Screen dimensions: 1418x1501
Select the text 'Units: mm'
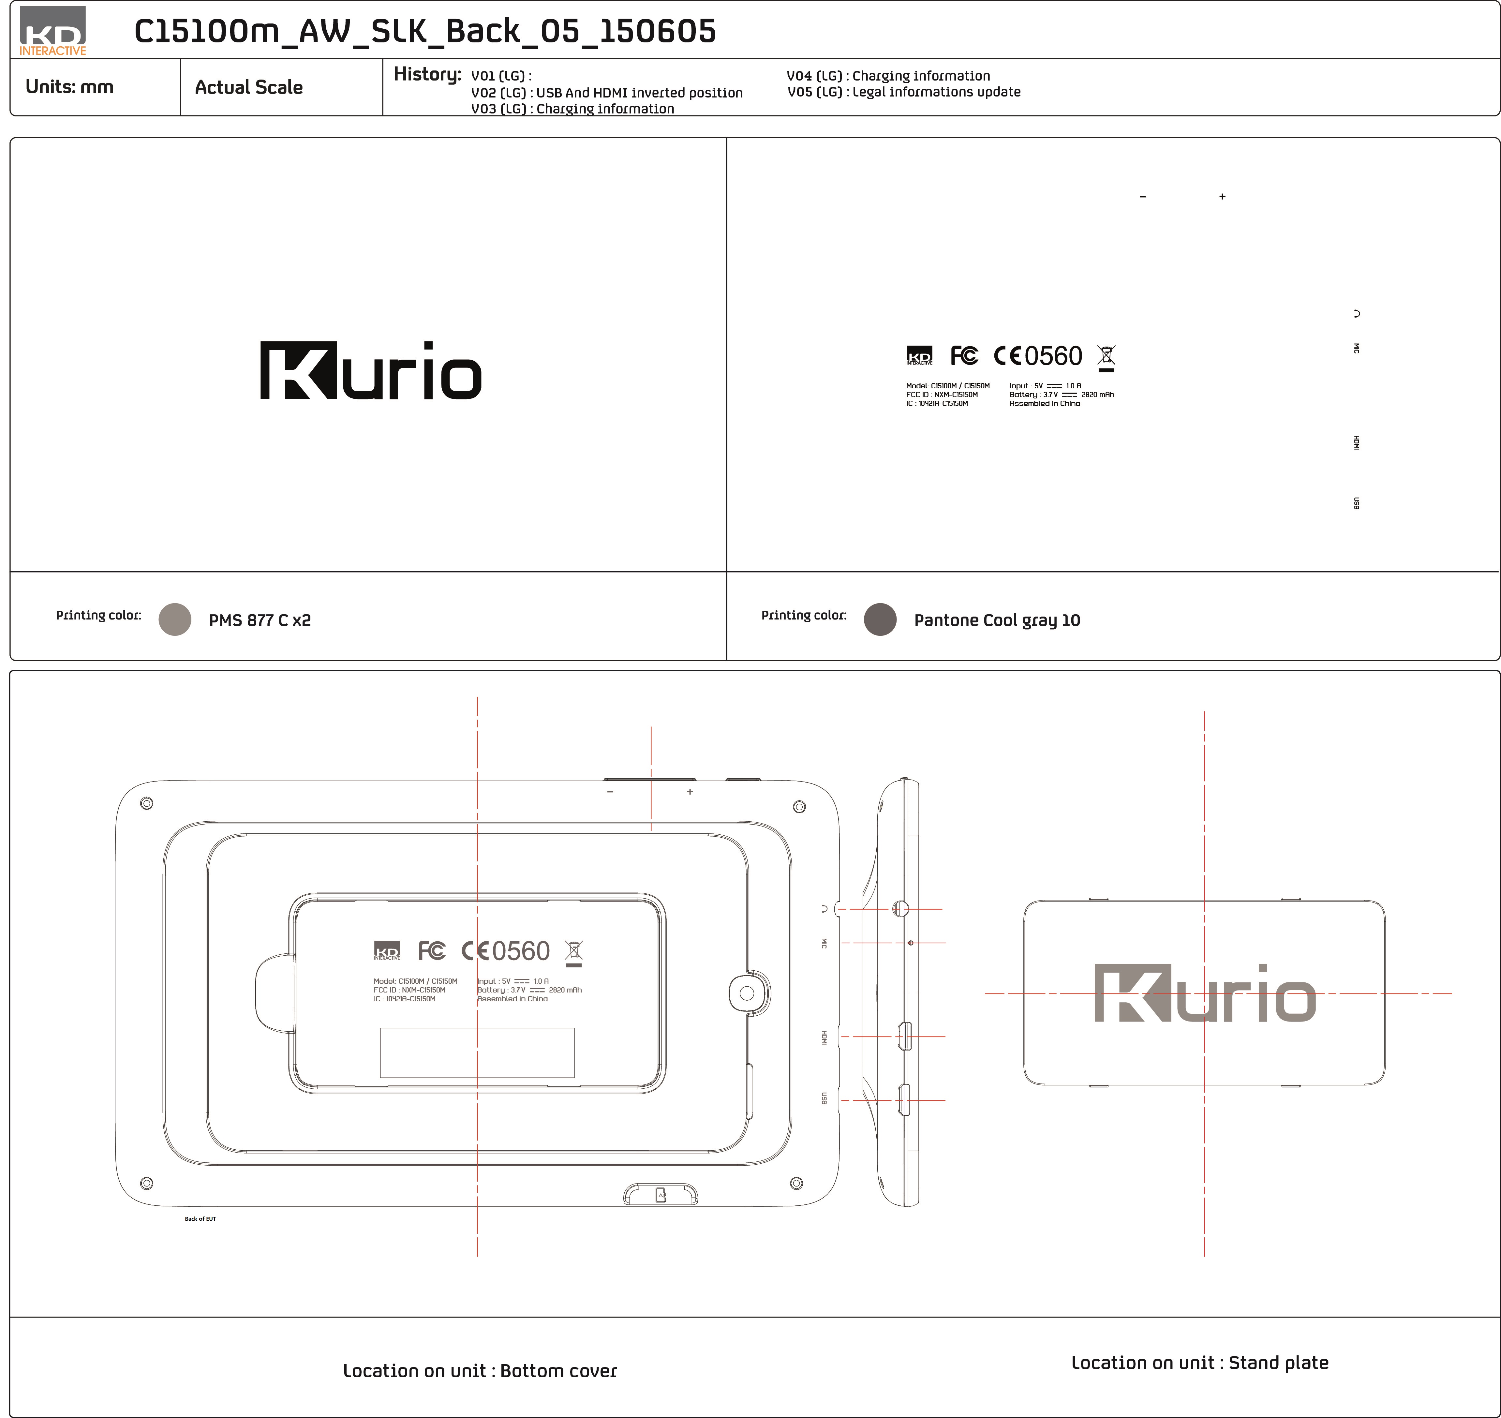pyautogui.click(x=69, y=87)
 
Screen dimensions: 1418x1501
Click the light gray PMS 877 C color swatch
pyautogui.click(x=175, y=619)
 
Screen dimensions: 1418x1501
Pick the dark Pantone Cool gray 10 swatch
pyautogui.click(x=880, y=619)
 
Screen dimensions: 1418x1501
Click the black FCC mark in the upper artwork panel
pyautogui.click(x=964, y=355)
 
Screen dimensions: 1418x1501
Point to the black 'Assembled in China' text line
pyautogui.click(x=1045, y=404)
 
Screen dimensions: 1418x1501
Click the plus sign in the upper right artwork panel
pyautogui.click(x=1222, y=197)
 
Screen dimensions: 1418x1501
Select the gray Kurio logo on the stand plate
pyautogui.click(x=1205, y=993)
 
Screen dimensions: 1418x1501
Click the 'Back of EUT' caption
pyautogui.click(x=200, y=1218)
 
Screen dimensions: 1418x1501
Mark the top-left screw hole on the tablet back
pyautogui.click(x=147, y=803)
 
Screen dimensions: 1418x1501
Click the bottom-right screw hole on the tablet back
pyautogui.click(x=796, y=1183)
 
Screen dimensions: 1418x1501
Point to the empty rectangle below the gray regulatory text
pyautogui.click(x=477, y=1052)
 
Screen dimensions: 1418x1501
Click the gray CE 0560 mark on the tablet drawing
pyautogui.click(x=506, y=951)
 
